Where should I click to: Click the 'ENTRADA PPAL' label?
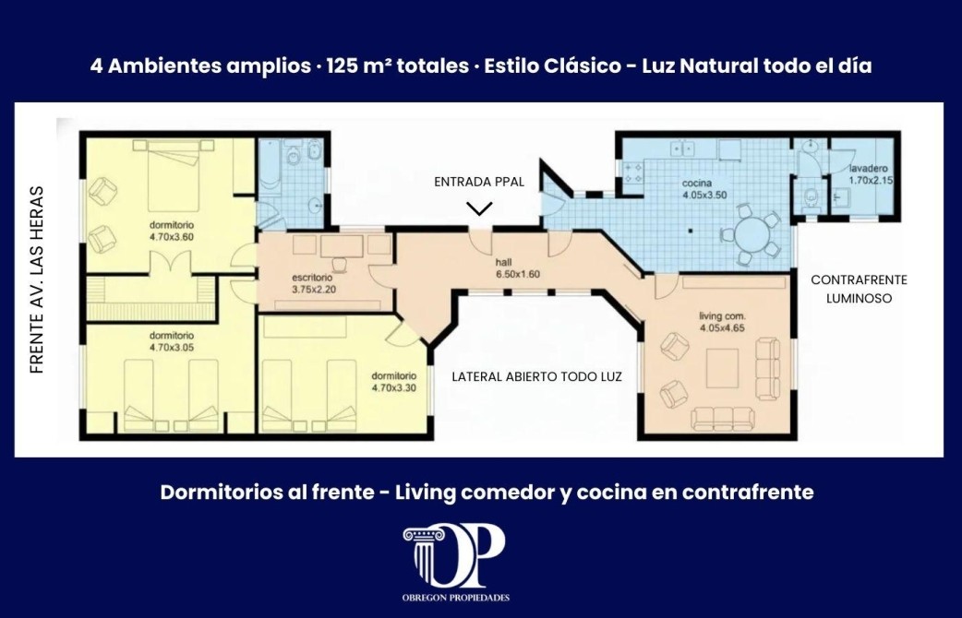tap(479, 182)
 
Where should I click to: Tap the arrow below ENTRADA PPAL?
tap(479, 209)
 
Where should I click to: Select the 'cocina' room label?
tap(697, 184)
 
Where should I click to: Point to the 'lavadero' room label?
tap(868, 169)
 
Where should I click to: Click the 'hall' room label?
tap(503, 262)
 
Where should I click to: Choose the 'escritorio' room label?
tap(313, 278)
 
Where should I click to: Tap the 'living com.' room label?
tap(722, 316)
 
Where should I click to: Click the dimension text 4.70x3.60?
tap(172, 237)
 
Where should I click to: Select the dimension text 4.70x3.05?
tap(172, 348)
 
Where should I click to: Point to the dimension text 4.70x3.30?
tap(394, 387)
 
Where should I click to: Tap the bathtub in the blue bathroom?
tap(269, 163)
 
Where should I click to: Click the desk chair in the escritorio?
tap(339, 264)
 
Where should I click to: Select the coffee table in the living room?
tap(722, 368)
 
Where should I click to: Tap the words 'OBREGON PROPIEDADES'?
tap(455, 598)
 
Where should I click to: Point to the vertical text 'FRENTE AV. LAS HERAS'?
tap(37, 279)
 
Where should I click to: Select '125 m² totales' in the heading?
tap(398, 65)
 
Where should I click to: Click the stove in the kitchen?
tap(633, 172)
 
